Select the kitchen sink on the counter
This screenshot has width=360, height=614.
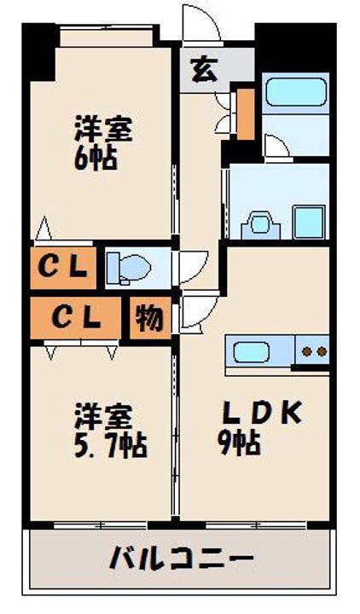click(252, 350)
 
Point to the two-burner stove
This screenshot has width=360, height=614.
click(312, 350)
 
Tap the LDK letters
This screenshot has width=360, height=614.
click(261, 414)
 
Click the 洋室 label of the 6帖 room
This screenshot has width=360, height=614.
click(103, 130)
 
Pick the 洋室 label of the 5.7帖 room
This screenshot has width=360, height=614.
click(103, 417)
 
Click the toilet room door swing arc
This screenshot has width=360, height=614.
click(189, 264)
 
